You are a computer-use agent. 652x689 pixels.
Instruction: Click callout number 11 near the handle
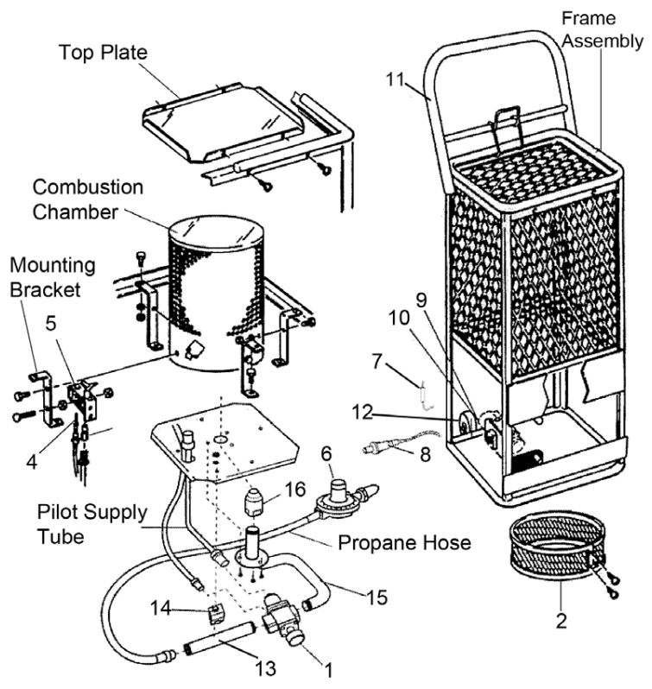click(x=399, y=79)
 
